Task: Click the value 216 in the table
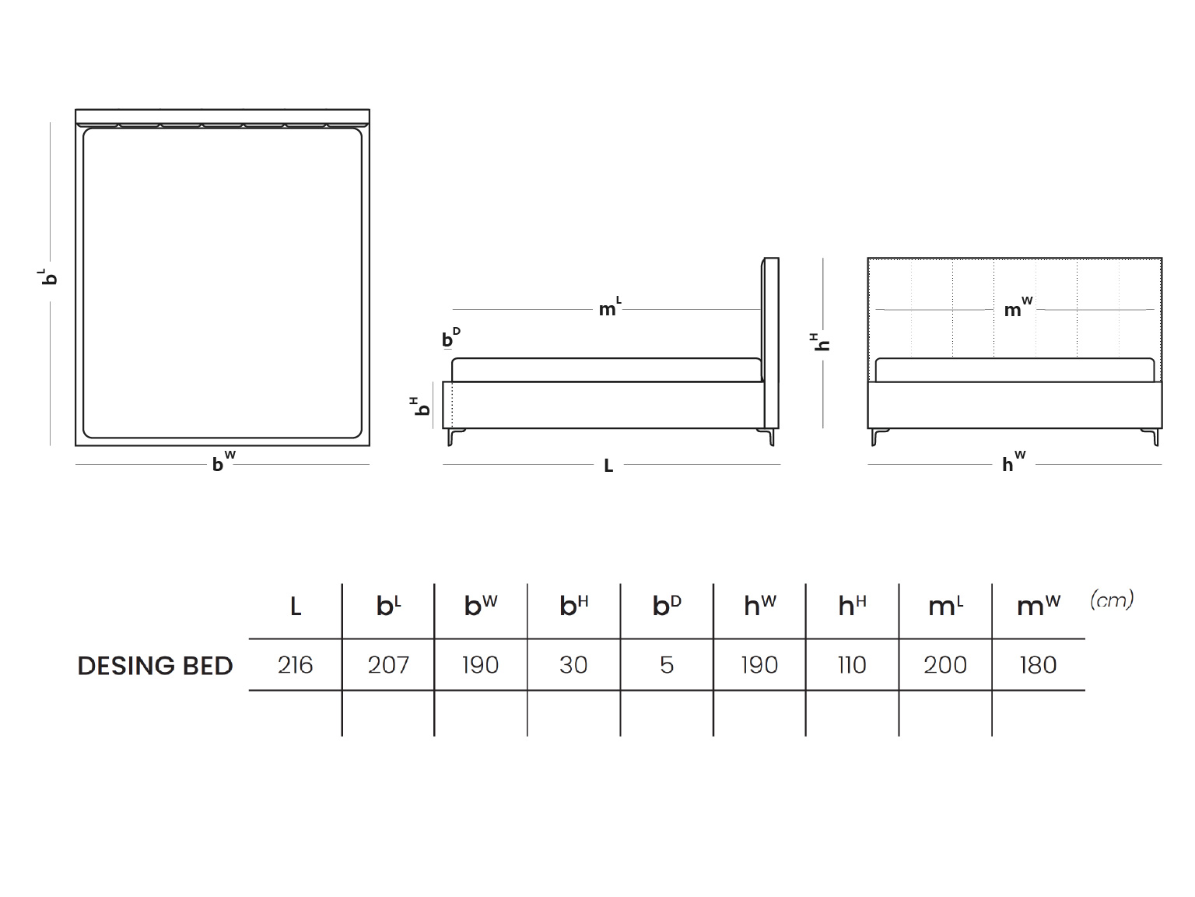click(295, 665)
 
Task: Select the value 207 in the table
click(388, 665)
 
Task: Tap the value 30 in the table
click(573, 665)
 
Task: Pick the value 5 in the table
click(667, 665)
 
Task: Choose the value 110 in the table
click(852, 665)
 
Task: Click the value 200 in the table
click(945, 665)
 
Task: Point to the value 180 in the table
click(1038, 665)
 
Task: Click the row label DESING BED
click(155, 666)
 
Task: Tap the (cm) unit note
click(1112, 600)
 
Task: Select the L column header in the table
click(296, 606)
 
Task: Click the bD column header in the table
click(667, 605)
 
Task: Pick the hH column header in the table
click(852, 605)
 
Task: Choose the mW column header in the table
click(1038, 606)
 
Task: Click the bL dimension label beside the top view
click(48, 276)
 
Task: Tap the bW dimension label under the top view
click(223, 462)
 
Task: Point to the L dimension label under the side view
click(608, 466)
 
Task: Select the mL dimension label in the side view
click(610, 307)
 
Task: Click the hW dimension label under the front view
click(1014, 462)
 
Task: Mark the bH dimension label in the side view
click(420, 406)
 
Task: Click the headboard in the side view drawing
click(770, 343)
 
